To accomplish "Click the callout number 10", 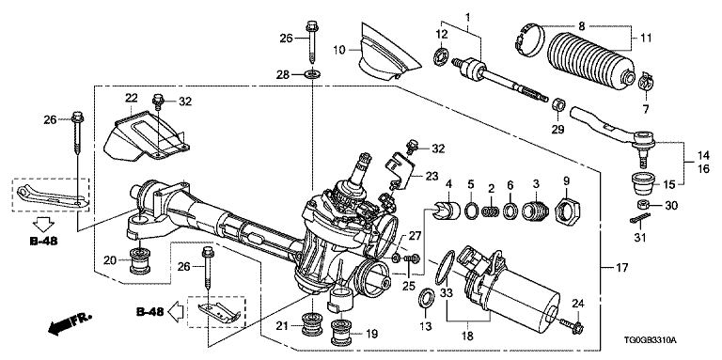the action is pos(339,50).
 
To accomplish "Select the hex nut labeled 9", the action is pos(567,211).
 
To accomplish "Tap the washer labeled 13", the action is pos(425,298).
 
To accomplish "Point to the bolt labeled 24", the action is pos(573,327).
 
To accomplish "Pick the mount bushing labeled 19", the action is pos(342,333).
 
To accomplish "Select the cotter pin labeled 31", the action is pos(639,219).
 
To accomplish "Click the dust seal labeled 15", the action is pos(642,182).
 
